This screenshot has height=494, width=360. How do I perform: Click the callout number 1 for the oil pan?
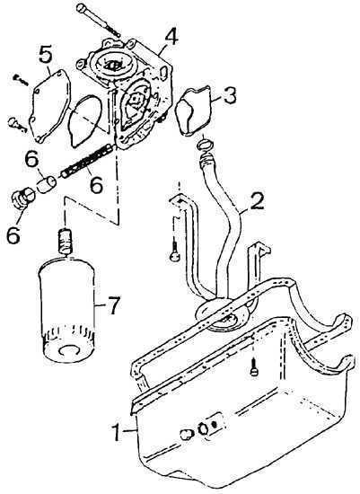pos(117,433)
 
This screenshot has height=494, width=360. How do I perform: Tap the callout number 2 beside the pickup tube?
pos(257,201)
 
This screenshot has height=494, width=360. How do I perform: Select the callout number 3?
pos(229,96)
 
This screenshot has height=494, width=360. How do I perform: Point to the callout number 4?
pos(171,37)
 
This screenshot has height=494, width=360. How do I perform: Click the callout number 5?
pos(46,55)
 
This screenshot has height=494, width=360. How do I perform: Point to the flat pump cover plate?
pos(49,105)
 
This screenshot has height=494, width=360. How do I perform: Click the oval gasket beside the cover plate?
pos(85,121)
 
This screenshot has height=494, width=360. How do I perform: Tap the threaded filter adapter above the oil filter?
pos(66,241)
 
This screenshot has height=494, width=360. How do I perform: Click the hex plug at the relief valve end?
pos(23,198)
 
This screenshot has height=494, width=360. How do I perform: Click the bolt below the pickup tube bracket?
pos(174,252)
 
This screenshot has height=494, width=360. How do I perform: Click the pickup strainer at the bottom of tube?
pos(224,315)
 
